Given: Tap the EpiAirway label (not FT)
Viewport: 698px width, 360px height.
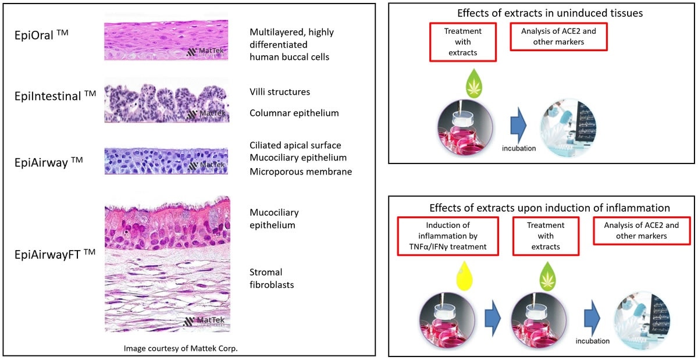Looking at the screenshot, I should pyautogui.click(x=49, y=162).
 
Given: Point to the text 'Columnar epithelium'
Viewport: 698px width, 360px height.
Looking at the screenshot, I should pyautogui.click(x=294, y=113).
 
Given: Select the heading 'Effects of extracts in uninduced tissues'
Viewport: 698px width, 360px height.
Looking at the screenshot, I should pyautogui.click(x=542, y=13).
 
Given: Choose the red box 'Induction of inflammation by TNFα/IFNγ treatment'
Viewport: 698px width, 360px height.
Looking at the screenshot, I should pyautogui.click(x=450, y=236).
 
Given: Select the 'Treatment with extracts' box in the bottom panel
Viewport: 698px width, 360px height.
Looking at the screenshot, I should pyautogui.click(x=546, y=236).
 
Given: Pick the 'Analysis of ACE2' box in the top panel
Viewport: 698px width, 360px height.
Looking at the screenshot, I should pyautogui.click(x=558, y=37).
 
